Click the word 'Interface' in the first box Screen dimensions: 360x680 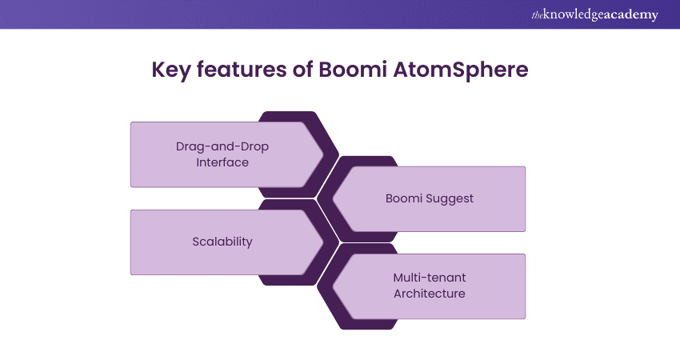click(222, 162)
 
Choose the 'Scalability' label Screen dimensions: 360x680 click(222, 242)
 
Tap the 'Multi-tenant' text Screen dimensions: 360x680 click(430, 278)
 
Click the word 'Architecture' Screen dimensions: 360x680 click(430, 294)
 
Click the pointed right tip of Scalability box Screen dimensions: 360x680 click(324, 242)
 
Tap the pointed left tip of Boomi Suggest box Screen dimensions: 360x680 click(334, 198)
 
